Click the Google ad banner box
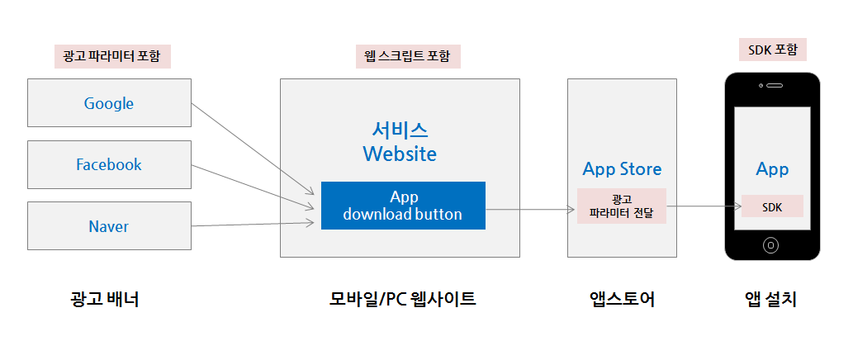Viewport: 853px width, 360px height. tap(109, 103)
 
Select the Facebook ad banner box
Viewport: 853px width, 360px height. tap(109, 164)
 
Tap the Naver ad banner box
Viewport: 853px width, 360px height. tap(109, 225)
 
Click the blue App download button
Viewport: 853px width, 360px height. tap(403, 206)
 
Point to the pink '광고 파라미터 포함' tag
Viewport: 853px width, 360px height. tap(111, 56)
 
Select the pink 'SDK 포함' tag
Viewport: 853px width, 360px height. tap(772, 50)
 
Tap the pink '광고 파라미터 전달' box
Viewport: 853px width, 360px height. tap(622, 206)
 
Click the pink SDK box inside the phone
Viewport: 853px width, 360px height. tap(772, 206)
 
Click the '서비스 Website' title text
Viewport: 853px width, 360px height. tap(400, 142)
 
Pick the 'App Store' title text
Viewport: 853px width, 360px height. tap(622, 169)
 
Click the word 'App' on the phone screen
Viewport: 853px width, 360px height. tap(772, 169)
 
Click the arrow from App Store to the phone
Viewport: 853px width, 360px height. tap(702, 206)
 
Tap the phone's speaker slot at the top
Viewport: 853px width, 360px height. tap(775, 85)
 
